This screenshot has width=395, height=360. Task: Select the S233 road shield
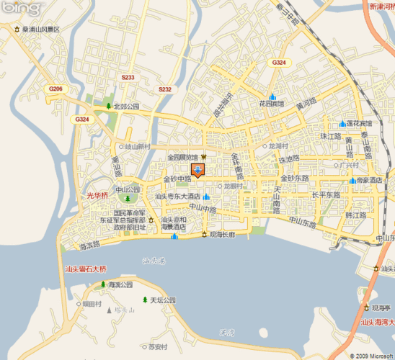point(128,77)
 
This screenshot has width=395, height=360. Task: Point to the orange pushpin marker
point(197,171)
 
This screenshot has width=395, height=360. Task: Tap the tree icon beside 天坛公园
point(144,300)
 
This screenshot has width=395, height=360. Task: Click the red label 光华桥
point(97,195)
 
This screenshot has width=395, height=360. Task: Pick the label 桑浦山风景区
point(40,30)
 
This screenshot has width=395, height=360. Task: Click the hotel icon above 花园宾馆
point(272,96)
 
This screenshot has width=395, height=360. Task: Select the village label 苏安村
point(158,346)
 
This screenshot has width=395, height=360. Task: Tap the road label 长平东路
point(326,194)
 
